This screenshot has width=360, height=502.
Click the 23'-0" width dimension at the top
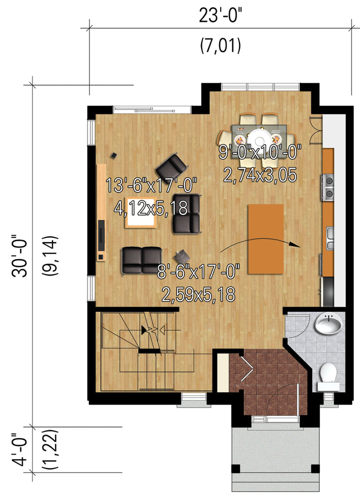click(220, 15)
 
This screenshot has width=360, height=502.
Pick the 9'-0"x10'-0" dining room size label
click(260, 152)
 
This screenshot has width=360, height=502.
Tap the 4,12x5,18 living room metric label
click(150, 209)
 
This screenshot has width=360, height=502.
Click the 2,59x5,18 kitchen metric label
click(198, 295)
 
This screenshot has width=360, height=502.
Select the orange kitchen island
click(266, 239)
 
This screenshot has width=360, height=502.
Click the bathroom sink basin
click(327, 324)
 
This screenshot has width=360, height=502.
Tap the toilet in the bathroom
click(328, 376)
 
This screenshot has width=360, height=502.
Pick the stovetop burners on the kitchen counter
click(328, 187)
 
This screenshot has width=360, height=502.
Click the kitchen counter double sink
click(330, 238)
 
